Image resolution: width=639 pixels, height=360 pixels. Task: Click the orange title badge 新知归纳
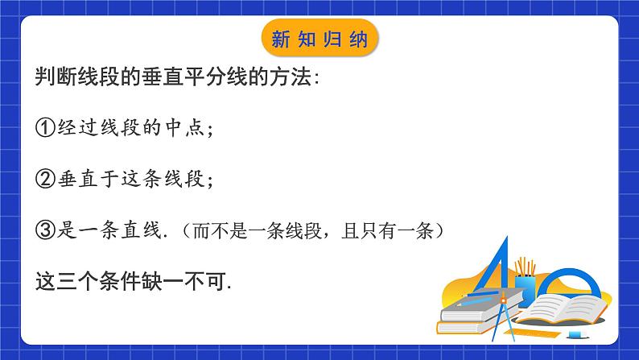coord(320,38)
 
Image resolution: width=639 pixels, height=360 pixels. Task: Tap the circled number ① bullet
coord(47,128)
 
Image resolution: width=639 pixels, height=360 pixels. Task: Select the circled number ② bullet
coord(47,180)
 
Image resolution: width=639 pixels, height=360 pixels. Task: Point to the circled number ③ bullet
coord(47,231)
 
